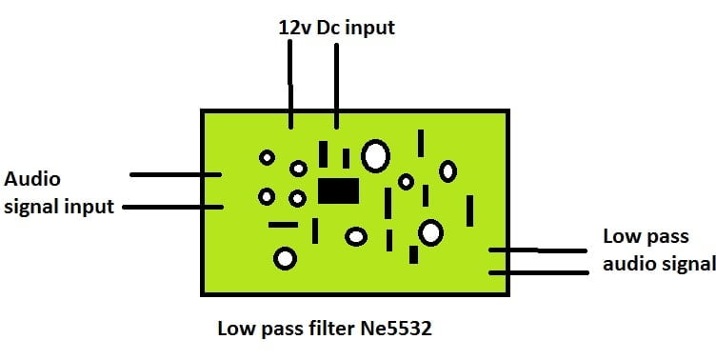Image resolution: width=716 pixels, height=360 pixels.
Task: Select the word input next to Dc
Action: click(369, 29)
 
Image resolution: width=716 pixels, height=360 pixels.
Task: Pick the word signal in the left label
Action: click(31, 206)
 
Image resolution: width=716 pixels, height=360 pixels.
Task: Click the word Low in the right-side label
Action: click(622, 236)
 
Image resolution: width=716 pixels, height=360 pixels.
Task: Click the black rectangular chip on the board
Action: click(338, 190)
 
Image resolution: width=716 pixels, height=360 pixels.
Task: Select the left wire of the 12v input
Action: click(290, 85)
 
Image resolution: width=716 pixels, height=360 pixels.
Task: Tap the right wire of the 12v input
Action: click(335, 85)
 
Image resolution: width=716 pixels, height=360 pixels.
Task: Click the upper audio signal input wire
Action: click(175, 174)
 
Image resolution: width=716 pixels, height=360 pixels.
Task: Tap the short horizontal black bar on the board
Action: click(283, 225)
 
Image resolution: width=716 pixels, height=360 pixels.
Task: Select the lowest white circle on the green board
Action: click(285, 257)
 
